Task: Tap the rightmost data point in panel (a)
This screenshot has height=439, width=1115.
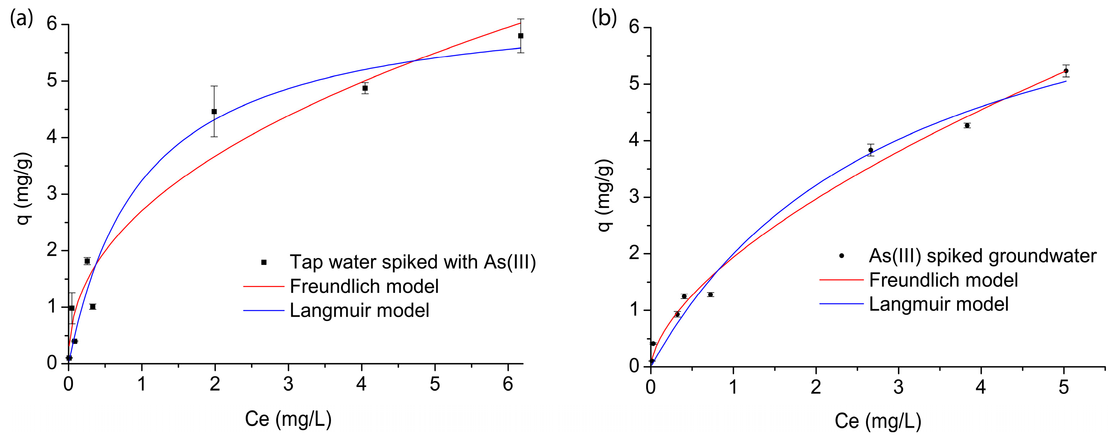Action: click(521, 36)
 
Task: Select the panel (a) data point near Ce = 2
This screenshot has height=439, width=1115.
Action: click(214, 111)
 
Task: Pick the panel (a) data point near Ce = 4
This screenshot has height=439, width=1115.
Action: click(365, 88)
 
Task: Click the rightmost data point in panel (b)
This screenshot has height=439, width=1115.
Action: click(1066, 71)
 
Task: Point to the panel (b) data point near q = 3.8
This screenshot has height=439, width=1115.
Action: click(870, 150)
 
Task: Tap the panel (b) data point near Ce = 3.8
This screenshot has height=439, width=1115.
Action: click(967, 125)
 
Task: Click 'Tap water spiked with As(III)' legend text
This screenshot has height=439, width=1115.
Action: click(412, 262)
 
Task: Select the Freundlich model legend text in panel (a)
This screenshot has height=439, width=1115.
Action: click(364, 286)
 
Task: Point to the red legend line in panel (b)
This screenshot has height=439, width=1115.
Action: click(841, 280)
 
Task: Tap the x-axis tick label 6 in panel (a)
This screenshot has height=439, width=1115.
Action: click(508, 384)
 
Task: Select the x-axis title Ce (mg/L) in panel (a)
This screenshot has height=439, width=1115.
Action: click(288, 419)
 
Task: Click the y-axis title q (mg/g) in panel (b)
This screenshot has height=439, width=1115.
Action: click(605, 196)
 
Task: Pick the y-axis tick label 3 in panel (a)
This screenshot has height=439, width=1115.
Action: click(52, 194)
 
